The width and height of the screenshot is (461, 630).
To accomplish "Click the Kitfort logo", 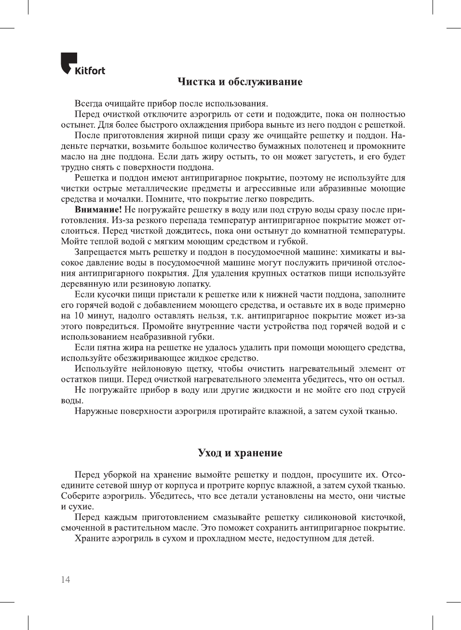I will (82, 64).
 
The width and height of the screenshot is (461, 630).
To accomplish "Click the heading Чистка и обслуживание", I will (240, 81).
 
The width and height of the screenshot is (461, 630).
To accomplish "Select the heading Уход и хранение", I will (240, 453).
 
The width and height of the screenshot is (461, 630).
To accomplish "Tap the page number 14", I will (66, 579).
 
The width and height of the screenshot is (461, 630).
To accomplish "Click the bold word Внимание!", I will (98, 210).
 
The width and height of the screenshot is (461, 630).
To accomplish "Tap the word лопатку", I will (193, 284).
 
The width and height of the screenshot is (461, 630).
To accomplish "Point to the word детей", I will (361, 538).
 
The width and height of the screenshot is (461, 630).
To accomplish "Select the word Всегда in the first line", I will (89, 104).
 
